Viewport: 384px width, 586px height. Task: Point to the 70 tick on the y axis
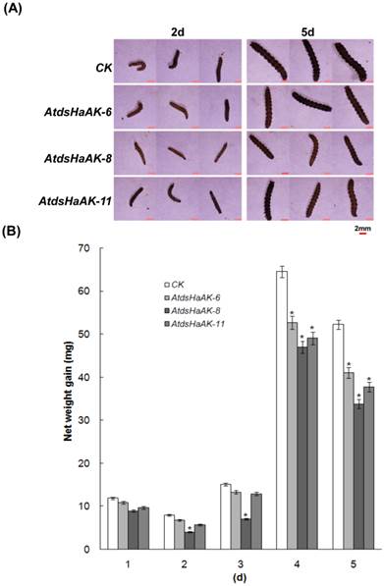(x=95, y=248)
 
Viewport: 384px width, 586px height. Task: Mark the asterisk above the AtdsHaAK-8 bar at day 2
(x=188, y=527)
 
